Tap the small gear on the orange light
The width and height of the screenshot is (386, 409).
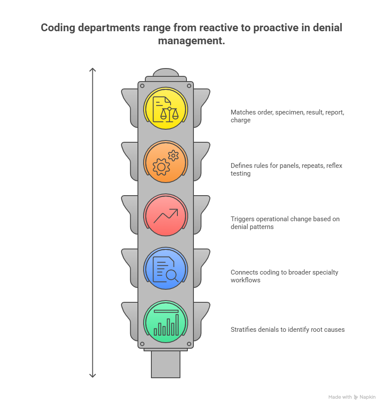point(173,155)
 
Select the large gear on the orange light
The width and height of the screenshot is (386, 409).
point(161,167)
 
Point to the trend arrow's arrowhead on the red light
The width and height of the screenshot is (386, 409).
point(175,211)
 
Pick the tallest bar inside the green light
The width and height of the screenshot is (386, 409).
point(177,324)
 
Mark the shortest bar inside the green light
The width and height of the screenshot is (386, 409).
point(155,332)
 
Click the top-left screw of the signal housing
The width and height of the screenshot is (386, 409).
point(142,86)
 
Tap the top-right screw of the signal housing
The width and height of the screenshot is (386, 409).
point(189,86)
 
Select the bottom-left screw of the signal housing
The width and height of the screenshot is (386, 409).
point(142,344)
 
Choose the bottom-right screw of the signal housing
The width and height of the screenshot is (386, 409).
point(189,344)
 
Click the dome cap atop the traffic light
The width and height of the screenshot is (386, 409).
point(166,72)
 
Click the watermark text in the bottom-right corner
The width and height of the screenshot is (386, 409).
point(352,398)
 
